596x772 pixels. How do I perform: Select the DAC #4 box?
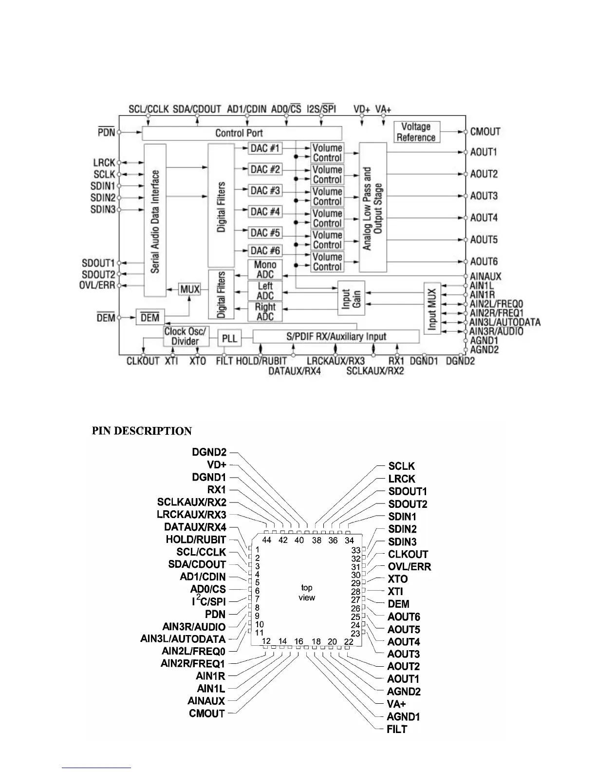point(265,212)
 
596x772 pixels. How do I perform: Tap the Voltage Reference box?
point(416,132)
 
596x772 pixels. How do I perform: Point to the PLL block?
point(229,338)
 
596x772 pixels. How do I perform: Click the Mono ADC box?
point(265,270)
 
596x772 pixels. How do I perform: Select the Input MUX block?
point(432,308)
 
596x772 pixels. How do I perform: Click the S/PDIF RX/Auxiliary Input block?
point(336,336)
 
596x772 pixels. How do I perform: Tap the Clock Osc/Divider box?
point(185,336)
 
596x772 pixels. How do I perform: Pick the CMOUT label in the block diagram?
point(485,132)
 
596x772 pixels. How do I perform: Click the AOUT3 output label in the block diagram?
point(484,196)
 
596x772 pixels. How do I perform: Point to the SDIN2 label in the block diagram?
point(103,198)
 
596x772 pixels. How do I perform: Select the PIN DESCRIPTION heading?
point(142,431)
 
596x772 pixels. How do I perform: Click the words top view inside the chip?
point(307,593)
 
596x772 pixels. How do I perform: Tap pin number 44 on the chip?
point(266,540)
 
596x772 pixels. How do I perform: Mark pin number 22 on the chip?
point(349,641)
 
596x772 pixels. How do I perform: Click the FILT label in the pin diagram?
point(397,729)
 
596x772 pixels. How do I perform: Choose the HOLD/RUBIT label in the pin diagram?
point(196,540)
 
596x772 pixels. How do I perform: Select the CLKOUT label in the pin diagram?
point(408,554)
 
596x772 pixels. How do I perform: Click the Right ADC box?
point(265,312)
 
